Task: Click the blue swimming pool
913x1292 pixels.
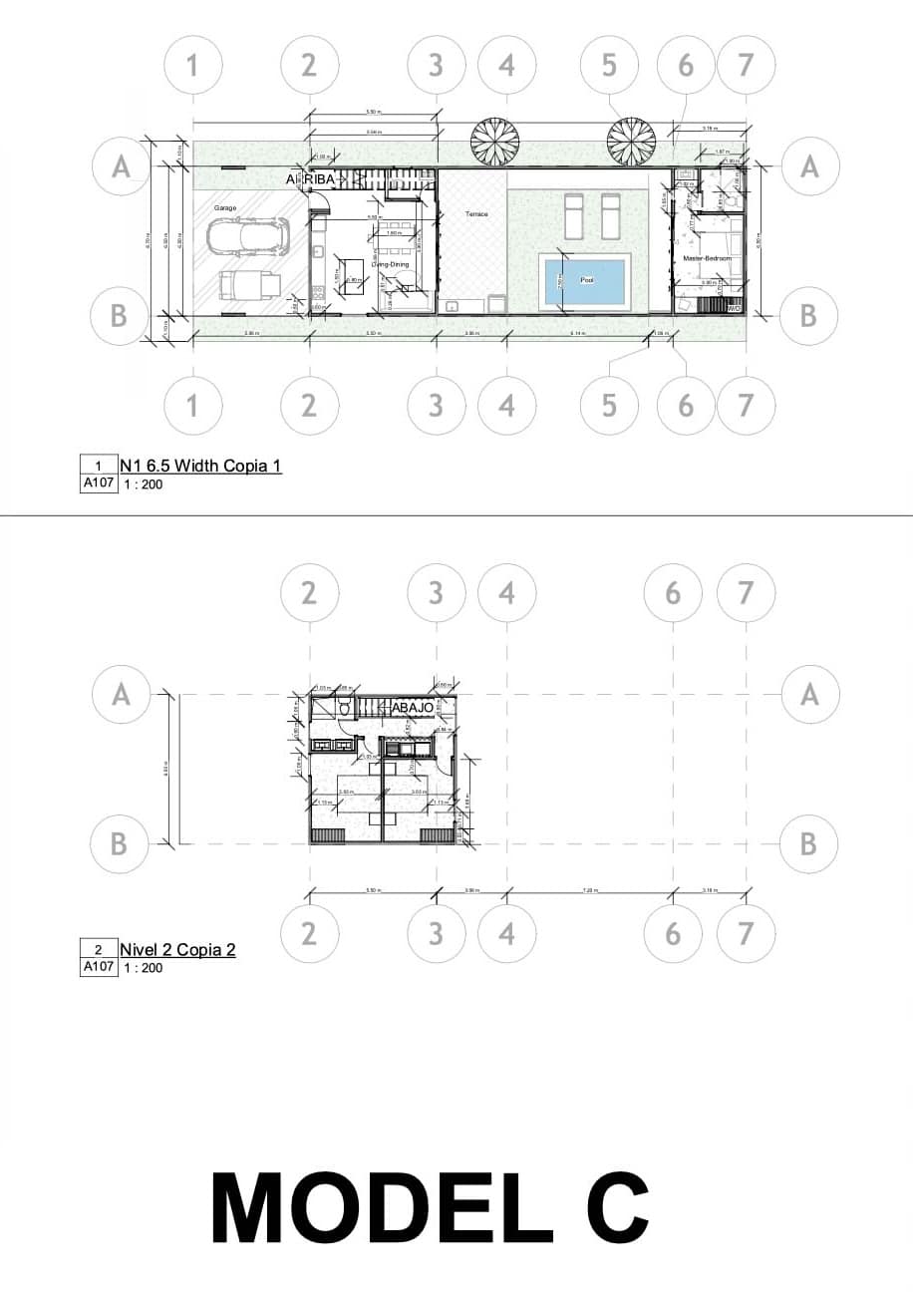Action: tap(585, 281)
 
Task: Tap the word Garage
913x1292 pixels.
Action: tap(223, 207)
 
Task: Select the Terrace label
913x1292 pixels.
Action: tap(475, 214)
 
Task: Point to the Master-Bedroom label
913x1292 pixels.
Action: tap(708, 258)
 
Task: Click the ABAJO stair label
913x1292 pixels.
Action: tap(412, 707)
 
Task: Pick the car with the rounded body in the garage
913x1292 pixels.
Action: tap(246, 236)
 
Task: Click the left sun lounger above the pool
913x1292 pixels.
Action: tap(574, 216)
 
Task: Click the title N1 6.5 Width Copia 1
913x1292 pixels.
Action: tap(200, 465)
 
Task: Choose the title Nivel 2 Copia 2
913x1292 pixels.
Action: tap(177, 949)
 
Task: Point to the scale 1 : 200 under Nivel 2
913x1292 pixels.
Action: tap(143, 967)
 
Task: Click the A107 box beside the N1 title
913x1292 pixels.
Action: tap(98, 484)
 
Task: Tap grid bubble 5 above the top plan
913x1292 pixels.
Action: tap(609, 65)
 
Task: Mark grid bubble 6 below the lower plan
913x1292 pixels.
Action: tap(672, 934)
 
